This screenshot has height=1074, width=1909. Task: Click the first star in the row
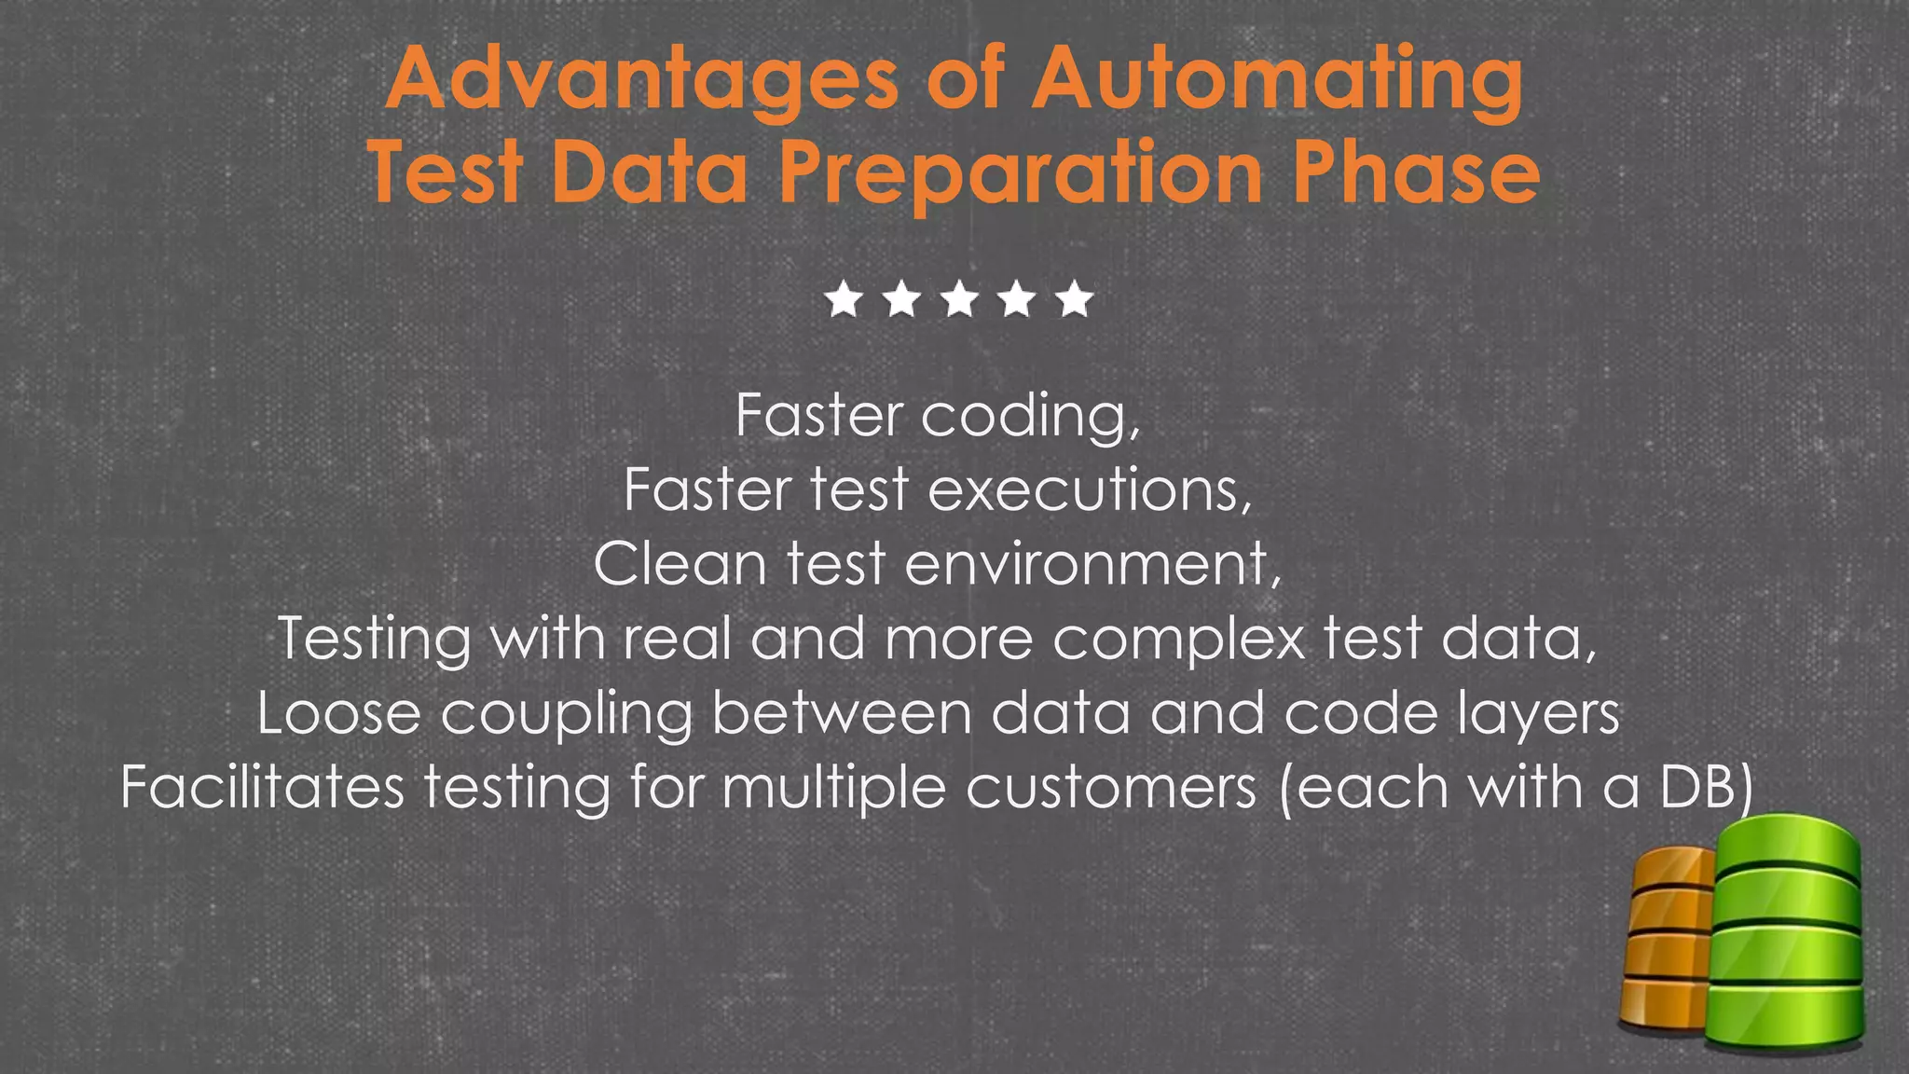(x=845, y=300)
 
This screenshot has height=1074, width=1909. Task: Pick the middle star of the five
(x=960, y=300)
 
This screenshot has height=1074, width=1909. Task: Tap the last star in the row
(x=1076, y=300)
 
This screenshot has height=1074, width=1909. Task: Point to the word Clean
(x=680, y=564)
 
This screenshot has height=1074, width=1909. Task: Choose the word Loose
(x=339, y=713)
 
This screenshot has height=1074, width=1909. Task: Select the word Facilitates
(x=263, y=788)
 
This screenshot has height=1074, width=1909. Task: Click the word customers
(x=1111, y=788)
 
